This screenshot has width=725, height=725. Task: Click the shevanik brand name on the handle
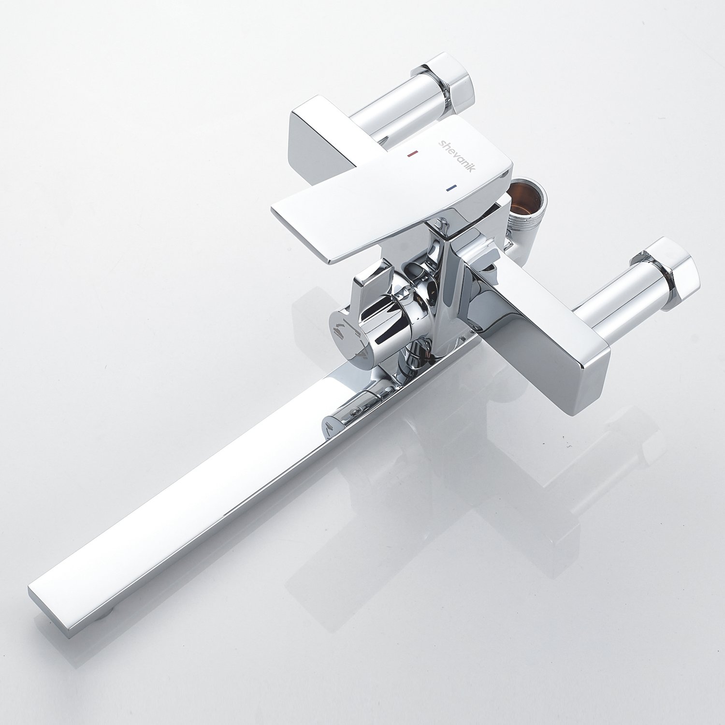click(457, 154)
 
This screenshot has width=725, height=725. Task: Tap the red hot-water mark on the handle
click(412, 154)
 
